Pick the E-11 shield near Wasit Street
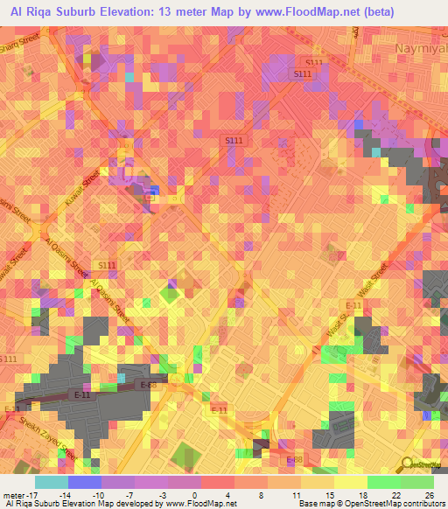point(353,304)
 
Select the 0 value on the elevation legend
point(193,496)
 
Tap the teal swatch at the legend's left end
point(51,482)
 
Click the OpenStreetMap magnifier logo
point(409,464)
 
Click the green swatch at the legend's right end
point(416,482)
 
